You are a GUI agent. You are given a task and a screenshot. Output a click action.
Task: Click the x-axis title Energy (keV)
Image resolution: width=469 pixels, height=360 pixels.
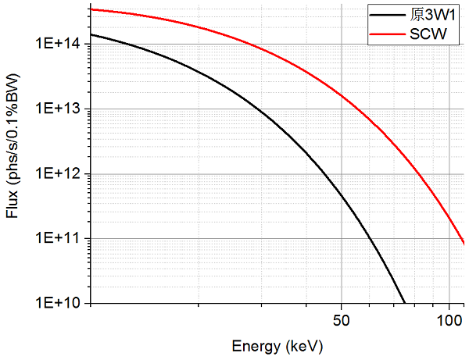point(277,344)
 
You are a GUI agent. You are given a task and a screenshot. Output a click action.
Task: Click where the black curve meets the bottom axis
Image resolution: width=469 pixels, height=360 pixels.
point(404,302)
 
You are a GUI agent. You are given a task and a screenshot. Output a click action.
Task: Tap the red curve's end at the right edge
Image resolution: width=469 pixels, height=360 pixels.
point(464,244)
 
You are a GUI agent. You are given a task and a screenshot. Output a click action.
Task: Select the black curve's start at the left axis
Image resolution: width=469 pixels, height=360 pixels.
point(91,34)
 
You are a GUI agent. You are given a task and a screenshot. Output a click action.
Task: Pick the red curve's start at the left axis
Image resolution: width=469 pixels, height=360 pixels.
point(91,9)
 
